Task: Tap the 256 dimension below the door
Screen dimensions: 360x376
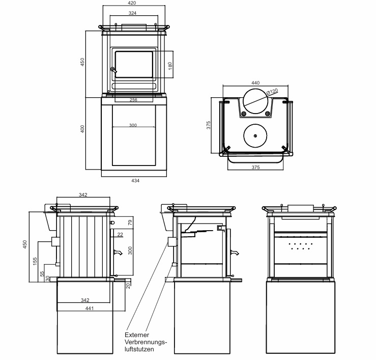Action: pos(134,100)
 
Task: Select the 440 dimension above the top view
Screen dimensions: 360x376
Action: pos(255,82)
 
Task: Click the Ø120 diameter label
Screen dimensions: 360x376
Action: pos(273,92)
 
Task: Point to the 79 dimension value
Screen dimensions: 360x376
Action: pos(130,222)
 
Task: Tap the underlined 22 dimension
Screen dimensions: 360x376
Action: pos(120,234)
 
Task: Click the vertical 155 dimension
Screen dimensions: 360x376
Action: pos(34,261)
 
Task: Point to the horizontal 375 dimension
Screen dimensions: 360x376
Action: pos(255,168)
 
